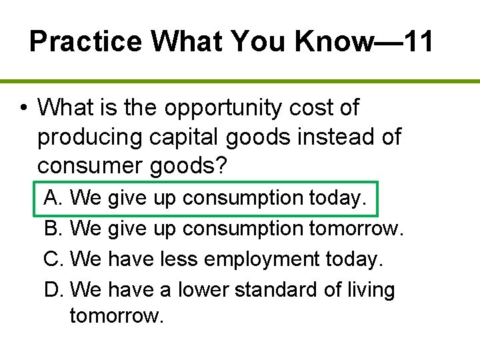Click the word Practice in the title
[86, 41]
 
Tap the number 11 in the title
[413, 41]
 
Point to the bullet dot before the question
[23, 107]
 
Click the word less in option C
[179, 259]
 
